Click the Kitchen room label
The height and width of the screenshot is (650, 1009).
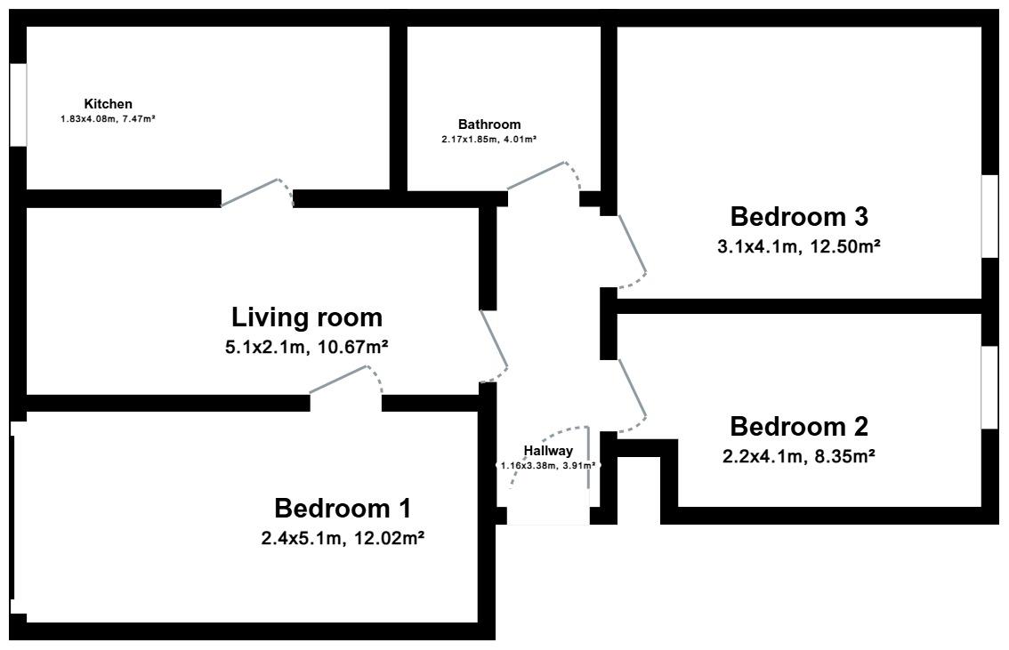[x=109, y=103]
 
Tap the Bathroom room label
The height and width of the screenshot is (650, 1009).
[x=489, y=124]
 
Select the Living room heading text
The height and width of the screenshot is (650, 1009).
[x=306, y=317]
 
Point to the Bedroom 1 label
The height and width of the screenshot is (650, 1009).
[x=343, y=508]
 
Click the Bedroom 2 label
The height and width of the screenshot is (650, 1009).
[x=799, y=426]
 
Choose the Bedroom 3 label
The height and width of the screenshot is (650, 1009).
[x=799, y=217]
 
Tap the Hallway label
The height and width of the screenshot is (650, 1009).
[x=547, y=451]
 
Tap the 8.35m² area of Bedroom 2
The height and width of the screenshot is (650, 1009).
[x=843, y=456]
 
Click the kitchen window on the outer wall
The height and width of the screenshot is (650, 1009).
[x=19, y=105]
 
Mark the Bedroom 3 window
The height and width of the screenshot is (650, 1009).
[x=989, y=217]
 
